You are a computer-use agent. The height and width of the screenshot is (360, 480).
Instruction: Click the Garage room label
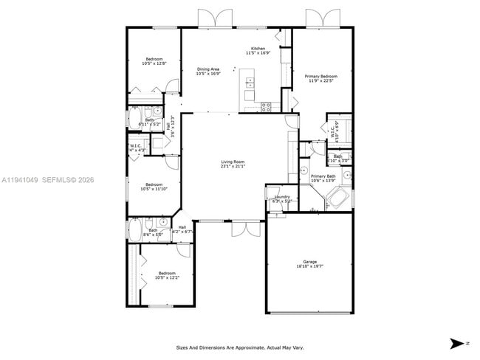click(309, 262)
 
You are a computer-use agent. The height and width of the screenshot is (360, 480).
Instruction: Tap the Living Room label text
click(232, 162)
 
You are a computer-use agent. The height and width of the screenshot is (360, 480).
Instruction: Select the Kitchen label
click(258, 49)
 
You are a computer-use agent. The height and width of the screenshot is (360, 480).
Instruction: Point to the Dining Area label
click(208, 69)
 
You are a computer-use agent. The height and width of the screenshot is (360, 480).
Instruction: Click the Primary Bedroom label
click(323, 76)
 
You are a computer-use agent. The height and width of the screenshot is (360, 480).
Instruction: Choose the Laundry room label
click(282, 197)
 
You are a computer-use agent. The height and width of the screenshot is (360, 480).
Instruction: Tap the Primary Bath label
click(323, 176)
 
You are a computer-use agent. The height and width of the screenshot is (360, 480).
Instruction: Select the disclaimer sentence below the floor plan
click(239, 347)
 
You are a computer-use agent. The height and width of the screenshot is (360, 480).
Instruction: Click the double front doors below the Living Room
click(245, 229)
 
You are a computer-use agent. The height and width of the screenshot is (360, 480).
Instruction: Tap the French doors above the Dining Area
click(209, 18)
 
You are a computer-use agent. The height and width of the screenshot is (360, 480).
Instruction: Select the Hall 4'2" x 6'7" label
click(182, 229)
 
